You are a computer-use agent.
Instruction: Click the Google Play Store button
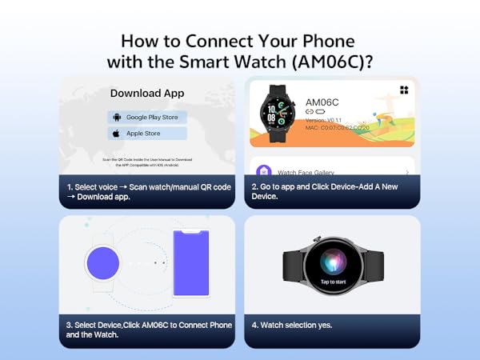point(147,117)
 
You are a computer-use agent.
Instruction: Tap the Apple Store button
point(147,134)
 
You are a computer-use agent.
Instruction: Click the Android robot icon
point(115,117)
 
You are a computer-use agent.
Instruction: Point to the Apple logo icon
point(115,134)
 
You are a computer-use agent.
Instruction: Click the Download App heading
point(147,94)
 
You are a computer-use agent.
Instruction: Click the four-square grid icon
point(405,90)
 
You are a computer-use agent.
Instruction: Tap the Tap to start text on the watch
point(333,282)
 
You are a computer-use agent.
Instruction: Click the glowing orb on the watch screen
point(333,263)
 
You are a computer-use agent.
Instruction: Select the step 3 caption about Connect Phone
point(148,330)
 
